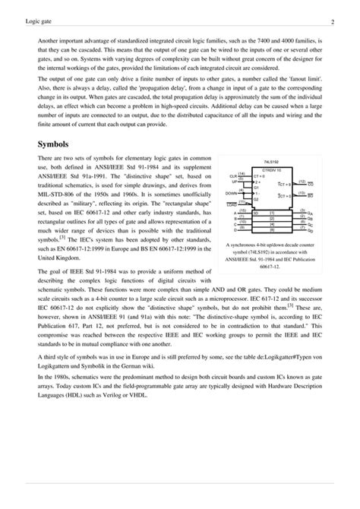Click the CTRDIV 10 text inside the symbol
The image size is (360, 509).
(273, 170)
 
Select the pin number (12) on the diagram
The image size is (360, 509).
(302, 182)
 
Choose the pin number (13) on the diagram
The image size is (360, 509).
(302, 193)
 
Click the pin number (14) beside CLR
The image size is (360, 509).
(242, 174)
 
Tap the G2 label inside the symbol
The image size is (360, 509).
(257, 198)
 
